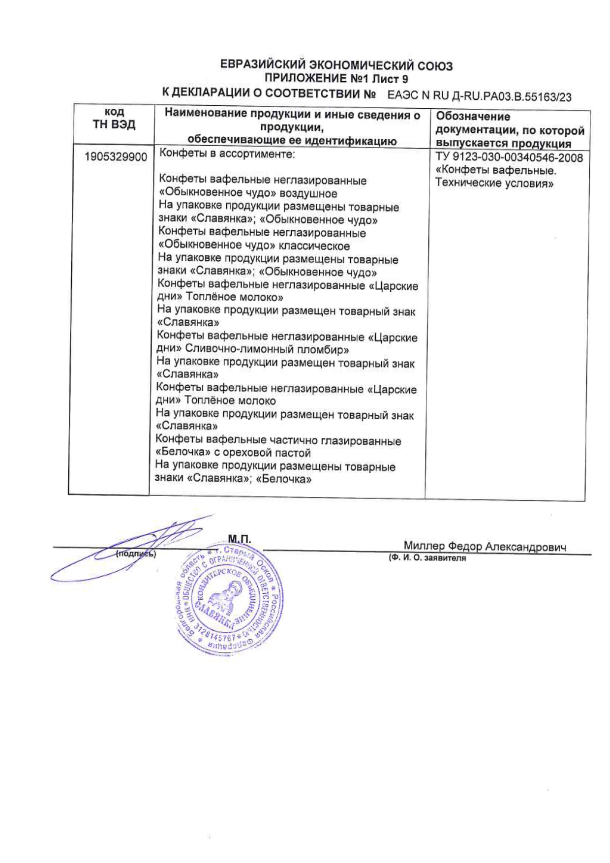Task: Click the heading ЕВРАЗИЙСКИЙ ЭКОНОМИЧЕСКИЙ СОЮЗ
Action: point(336,65)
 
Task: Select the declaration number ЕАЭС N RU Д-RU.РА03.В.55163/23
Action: point(479,96)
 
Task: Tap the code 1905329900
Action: point(116,157)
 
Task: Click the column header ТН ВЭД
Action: point(114,124)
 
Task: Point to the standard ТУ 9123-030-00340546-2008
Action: point(509,158)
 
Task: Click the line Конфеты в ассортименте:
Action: point(227,154)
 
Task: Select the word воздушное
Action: point(308,193)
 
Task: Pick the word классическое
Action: point(314,246)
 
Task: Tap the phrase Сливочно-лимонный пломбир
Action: point(267,350)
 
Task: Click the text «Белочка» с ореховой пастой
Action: point(233,453)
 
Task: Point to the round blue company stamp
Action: point(229,600)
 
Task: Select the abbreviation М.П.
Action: point(239,539)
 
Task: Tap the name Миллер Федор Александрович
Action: point(485,546)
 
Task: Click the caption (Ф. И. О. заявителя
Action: point(427,558)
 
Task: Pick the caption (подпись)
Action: point(136,554)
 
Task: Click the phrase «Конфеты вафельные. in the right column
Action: point(495,171)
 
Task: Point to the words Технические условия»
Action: point(494,184)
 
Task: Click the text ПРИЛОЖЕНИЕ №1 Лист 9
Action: point(336,78)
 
